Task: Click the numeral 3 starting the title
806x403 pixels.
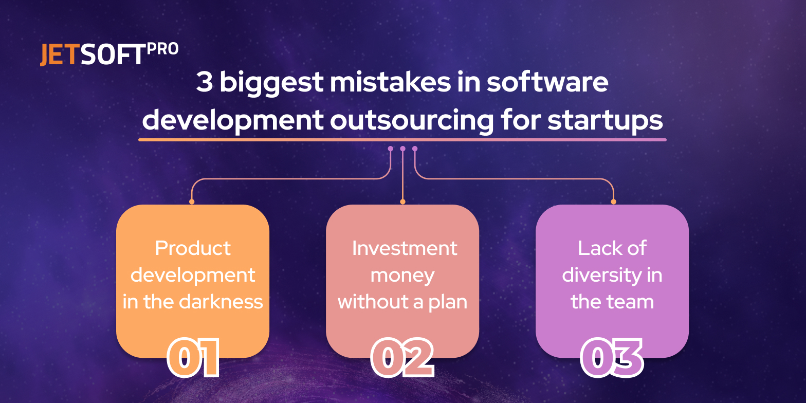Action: pyautogui.click(x=204, y=83)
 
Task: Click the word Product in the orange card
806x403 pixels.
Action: pyautogui.click(x=193, y=248)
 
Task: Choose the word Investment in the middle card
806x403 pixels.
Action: pyautogui.click(x=405, y=248)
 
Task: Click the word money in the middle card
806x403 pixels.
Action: pyautogui.click(x=402, y=275)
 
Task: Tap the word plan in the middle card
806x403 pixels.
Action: pyautogui.click(x=448, y=302)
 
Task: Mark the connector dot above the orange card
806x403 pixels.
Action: pyautogui.click(x=192, y=202)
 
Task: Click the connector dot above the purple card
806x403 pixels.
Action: pyautogui.click(x=613, y=202)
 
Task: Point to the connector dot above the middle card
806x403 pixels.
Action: pyautogui.click(x=402, y=202)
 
